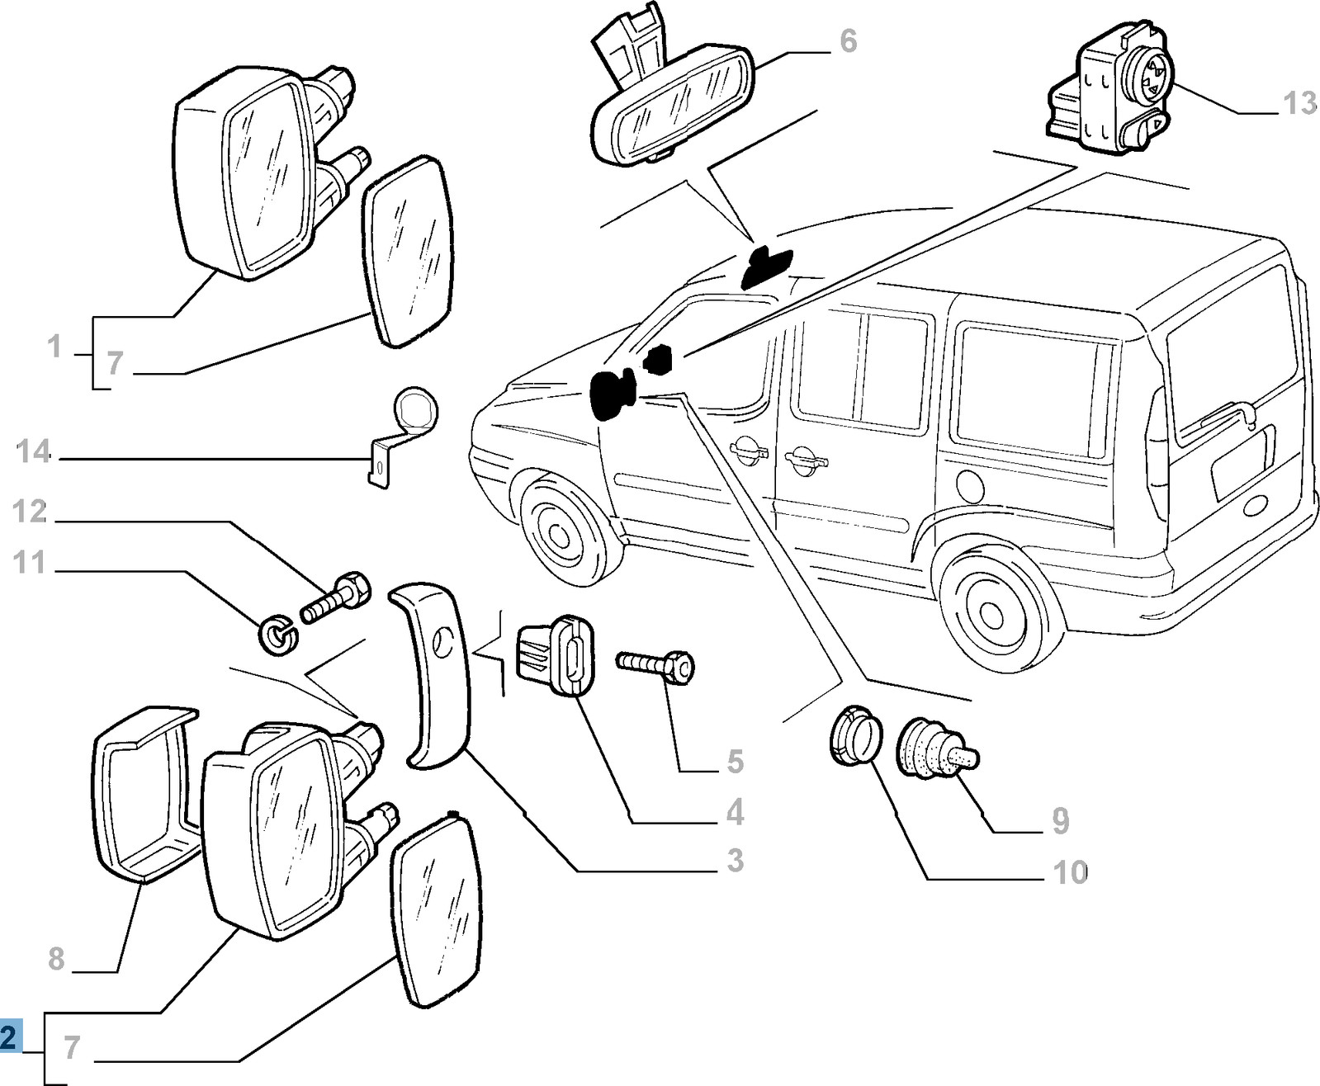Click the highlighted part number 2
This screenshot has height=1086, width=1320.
(x=9, y=1037)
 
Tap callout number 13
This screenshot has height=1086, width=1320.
(x=1299, y=104)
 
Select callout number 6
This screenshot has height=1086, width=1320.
(x=848, y=41)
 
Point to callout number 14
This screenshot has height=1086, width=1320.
(x=34, y=452)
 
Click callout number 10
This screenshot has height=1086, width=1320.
(x=1071, y=872)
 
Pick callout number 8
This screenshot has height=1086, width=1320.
(x=56, y=959)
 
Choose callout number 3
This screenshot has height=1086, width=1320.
(x=735, y=861)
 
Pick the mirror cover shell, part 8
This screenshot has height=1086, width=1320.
(x=140, y=792)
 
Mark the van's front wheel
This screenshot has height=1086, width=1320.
(x=558, y=531)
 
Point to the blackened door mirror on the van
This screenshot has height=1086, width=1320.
(x=612, y=394)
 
